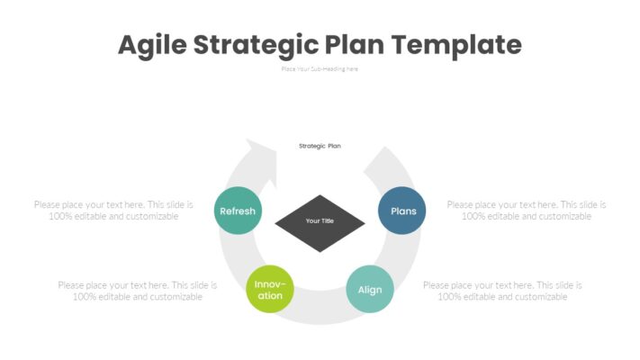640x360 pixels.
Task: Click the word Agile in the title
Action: tap(151, 44)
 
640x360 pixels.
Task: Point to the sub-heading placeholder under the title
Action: tap(320, 68)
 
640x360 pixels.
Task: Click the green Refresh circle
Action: tap(238, 211)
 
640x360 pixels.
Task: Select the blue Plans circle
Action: tap(401, 211)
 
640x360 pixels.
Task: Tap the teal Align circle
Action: tap(370, 290)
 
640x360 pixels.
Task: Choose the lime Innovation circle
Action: tap(270, 290)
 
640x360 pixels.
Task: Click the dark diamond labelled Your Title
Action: tap(320, 222)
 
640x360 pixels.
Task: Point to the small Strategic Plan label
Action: tap(320, 146)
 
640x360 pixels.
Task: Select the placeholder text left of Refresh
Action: tap(113, 211)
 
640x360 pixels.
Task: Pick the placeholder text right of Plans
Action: tap(527, 211)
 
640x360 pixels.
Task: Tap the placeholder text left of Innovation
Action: tap(138, 291)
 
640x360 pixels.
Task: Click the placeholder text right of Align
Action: tap(502, 291)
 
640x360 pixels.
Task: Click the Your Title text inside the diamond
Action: tap(320, 220)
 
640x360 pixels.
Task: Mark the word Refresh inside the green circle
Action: tap(238, 211)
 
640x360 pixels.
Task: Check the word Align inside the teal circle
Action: tap(370, 290)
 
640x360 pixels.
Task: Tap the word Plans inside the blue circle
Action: tap(402, 211)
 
